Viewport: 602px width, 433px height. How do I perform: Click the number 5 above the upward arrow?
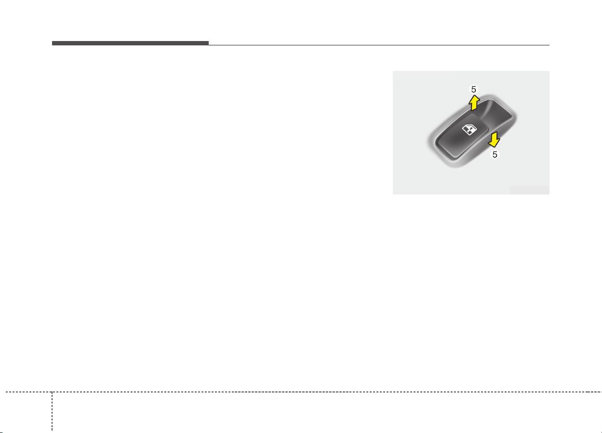pos(474,89)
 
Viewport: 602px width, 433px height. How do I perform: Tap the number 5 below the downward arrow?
pos(495,155)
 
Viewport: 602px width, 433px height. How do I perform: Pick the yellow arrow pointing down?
pos(493,140)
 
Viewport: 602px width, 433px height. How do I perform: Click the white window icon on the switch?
pos(467,129)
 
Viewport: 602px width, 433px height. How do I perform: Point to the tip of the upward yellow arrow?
pos(474,96)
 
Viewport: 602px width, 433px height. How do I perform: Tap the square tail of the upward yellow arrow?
pos(474,108)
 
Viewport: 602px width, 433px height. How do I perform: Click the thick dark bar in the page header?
pos(130,43)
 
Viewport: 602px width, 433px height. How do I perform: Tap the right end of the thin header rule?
pos(548,45)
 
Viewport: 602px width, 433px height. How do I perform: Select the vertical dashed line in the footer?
pos(52,410)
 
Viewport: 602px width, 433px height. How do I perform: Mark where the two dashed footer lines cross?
pos(52,392)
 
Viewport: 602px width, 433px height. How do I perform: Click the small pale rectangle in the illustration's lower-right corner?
pos(529,190)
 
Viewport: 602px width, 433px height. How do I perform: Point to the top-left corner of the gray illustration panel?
pos(393,71)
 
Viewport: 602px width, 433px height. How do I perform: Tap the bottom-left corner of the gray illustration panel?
pos(393,194)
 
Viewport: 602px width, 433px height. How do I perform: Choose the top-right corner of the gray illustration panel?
pos(548,71)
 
